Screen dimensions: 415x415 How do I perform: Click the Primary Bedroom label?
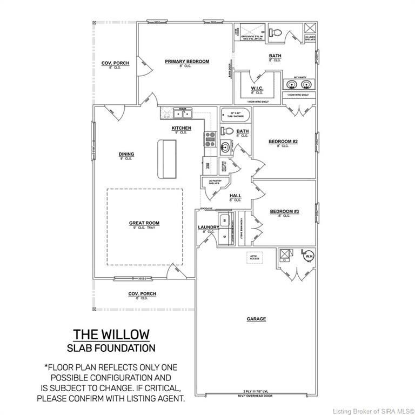point(186,62)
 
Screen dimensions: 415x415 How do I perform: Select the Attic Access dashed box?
point(255,258)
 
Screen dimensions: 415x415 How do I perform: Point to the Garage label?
point(256,319)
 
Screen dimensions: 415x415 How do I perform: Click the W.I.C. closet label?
point(257,89)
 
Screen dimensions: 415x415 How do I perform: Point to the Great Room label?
point(144,223)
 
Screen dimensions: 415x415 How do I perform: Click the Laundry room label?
point(208,227)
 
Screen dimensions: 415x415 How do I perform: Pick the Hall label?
point(235,196)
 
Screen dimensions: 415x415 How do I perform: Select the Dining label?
point(126,154)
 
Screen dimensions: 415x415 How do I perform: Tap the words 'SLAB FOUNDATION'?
point(111,347)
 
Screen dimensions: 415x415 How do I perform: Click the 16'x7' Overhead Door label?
point(256,396)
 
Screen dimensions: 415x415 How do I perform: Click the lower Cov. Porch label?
point(142,293)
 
